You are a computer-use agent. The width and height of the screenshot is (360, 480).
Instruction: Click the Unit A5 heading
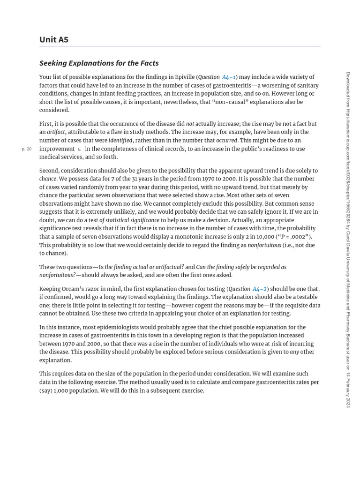(54, 39)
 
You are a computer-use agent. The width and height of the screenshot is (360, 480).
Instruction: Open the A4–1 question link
(229, 77)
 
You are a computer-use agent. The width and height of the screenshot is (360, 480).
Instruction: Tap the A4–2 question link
(260, 289)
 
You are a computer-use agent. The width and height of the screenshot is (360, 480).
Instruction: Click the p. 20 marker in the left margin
(27, 149)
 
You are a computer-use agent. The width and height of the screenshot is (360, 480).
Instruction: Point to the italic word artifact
(56, 132)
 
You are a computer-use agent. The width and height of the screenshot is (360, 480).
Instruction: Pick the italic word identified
(120, 140)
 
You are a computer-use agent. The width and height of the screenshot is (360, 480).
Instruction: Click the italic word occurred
(227, 140)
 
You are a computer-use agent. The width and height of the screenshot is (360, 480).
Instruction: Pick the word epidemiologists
(122, 327)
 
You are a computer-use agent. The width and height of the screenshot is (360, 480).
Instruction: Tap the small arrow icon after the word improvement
(79, 149)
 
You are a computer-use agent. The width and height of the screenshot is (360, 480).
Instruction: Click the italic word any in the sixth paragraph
(294, 352)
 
